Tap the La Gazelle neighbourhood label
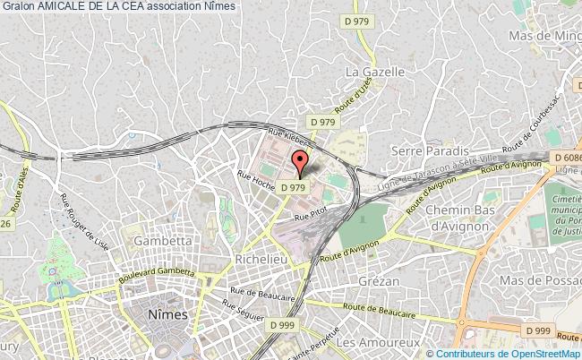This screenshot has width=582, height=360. click(376, 71)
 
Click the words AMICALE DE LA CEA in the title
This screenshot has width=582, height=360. click(89, 6)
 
